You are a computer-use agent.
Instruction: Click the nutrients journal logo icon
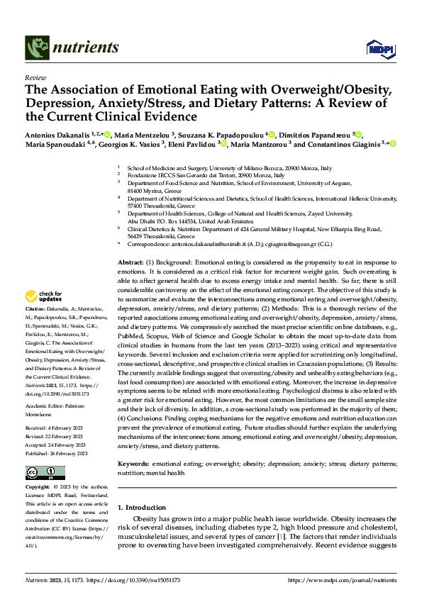pos(36,48)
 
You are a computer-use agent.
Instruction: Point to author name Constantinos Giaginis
pos(343,144)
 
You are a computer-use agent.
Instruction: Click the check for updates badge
pos(44,296)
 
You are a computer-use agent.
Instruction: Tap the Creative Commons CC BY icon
pos(45,472)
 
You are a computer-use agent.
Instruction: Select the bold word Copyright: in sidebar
pos(38,489)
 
